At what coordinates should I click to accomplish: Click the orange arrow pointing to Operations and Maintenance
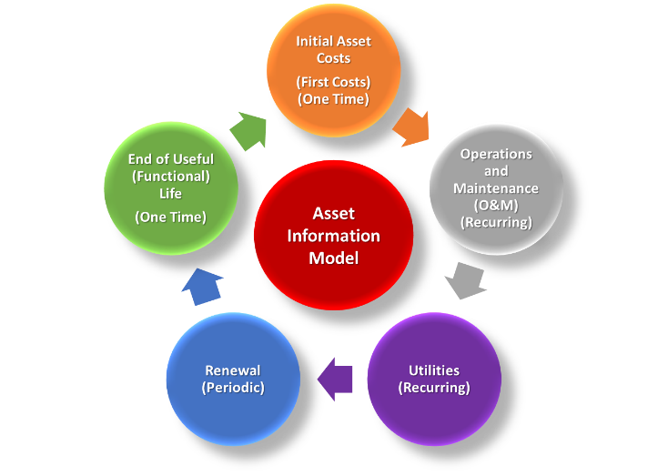(411, 127)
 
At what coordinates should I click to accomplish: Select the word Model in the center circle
(333, 258)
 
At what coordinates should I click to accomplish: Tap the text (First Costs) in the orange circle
(333, 82)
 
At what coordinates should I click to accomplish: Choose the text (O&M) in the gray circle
(496, 205)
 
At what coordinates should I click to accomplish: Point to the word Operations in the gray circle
(496, 154)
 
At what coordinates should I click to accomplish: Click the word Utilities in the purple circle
(434, 370)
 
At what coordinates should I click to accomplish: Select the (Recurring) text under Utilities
(434, 388)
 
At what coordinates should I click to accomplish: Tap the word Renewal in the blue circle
(233, 370)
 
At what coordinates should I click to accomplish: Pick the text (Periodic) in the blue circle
(233, 388)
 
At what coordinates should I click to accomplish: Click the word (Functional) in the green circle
(171, 177)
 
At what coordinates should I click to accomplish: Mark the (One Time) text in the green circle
(171, 217)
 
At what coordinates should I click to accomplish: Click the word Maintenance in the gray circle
(496, 187)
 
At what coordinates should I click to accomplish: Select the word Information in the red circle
(333, 236)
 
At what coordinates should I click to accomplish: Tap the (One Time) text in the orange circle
(333, 98)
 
